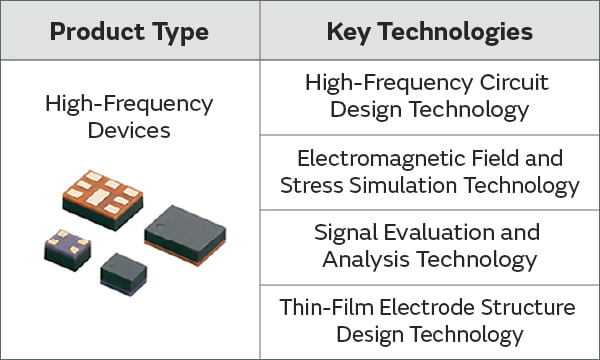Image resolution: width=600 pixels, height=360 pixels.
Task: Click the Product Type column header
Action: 129,32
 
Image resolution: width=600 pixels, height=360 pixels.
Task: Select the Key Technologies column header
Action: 429,32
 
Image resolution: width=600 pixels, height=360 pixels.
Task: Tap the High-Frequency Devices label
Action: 129,116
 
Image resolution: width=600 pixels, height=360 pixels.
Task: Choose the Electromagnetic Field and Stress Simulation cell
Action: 429,171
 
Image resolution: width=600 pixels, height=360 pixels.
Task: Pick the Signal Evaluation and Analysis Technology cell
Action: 429,246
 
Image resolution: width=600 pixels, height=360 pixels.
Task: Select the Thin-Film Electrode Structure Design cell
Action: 429,320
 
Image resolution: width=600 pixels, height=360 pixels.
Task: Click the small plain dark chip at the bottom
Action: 124,270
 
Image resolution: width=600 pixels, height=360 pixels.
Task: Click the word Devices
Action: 129,130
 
